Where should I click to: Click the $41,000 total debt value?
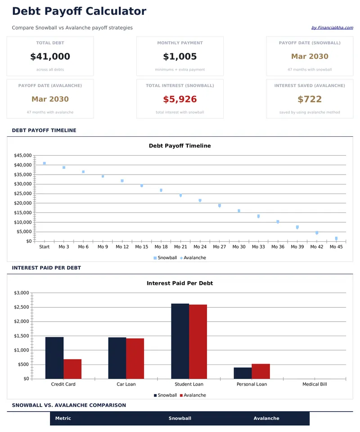[50, 57]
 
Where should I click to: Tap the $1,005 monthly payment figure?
[180, 57]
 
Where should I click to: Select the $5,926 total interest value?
[180, 99]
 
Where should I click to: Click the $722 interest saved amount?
[310, 99]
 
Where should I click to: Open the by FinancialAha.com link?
[332, 28]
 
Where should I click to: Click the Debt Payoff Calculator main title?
[79, 11]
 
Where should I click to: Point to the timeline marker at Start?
[44, 163]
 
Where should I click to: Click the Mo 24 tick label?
[200, 247]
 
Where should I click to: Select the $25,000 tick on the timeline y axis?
[22, 193]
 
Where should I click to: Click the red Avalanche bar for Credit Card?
[72, 369]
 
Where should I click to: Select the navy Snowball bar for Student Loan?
[180, 341]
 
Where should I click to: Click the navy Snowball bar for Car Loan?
[117, 358]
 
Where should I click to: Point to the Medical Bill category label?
[314, 384]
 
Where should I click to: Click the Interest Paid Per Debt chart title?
[180, 283]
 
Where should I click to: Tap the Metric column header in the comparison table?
[63, 418]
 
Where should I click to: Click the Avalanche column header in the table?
[266, 418]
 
